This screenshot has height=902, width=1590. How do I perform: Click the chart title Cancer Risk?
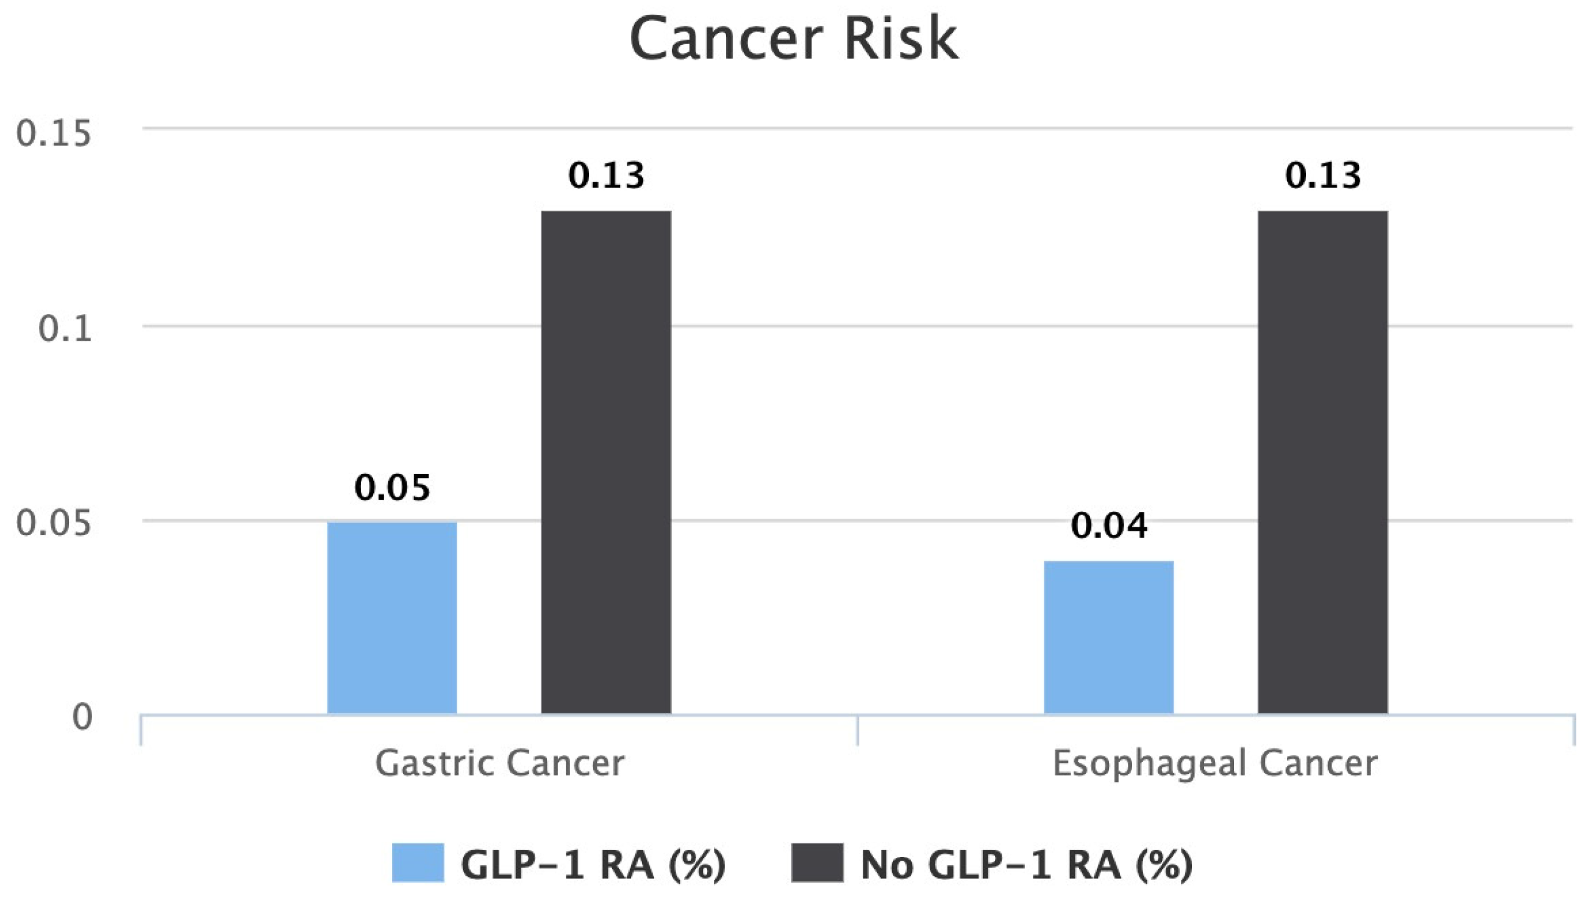pos(794,38)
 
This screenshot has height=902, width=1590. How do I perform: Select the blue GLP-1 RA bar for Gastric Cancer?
pos(391,617)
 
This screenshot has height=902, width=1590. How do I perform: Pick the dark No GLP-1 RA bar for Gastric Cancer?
pos(606,462)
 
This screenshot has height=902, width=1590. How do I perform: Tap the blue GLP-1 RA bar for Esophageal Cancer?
pos(1108,637)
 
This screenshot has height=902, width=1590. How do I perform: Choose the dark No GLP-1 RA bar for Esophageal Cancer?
pos(1322,462)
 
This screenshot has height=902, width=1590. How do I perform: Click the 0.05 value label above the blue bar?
pos(391,488)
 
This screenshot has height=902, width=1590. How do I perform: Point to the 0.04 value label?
pos(1108,526)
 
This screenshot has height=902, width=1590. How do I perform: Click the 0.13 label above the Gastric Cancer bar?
pos(606,176)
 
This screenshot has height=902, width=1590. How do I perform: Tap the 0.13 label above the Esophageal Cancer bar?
pos(1322,176)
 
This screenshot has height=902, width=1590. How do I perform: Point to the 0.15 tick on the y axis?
pos(53,133)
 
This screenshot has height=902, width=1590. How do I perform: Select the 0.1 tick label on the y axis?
pos(65,328)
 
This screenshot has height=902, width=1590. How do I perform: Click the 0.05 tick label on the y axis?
pos(53,522)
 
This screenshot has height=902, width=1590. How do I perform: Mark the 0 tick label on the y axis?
pos(82,717)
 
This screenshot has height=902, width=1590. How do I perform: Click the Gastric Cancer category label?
pos(499,763)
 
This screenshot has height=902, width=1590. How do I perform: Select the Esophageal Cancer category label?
pos(1214,763)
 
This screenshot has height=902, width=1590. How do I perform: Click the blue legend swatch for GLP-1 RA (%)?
pos(418,862)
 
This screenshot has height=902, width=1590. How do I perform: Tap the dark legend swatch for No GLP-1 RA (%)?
pos(817,862)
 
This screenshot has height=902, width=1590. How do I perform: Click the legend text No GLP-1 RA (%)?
pos(1026,864)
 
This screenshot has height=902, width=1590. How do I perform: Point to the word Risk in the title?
pos(901,38)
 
